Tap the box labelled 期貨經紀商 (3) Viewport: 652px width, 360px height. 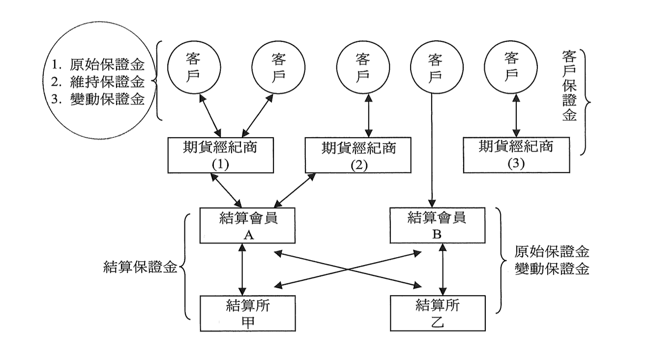tap(516, 155)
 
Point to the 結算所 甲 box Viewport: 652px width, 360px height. tap(248, 313)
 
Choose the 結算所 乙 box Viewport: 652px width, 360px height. tap(438, 313)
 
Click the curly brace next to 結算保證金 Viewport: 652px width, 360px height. tap(183, 268)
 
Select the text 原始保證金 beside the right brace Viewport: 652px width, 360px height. tap(552, 252)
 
